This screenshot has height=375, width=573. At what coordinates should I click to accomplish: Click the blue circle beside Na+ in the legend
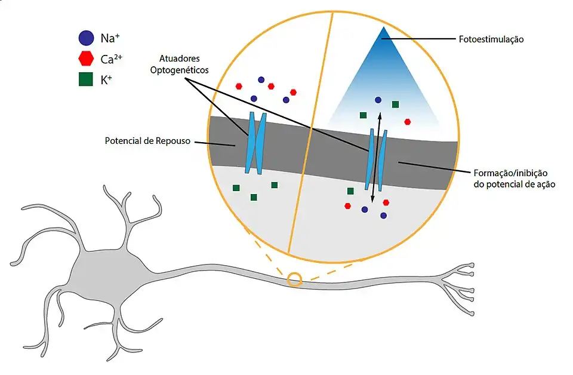85,39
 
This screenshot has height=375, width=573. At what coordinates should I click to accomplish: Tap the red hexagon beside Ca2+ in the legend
85,59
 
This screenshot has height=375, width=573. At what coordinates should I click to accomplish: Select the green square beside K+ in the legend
85,78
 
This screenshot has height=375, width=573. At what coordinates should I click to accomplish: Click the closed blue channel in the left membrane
255,143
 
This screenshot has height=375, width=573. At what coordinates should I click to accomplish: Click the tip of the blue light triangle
383,29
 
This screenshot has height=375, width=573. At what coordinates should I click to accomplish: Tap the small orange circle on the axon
294,279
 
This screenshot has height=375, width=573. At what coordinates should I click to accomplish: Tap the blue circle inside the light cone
378,100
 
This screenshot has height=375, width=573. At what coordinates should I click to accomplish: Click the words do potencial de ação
512,185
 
